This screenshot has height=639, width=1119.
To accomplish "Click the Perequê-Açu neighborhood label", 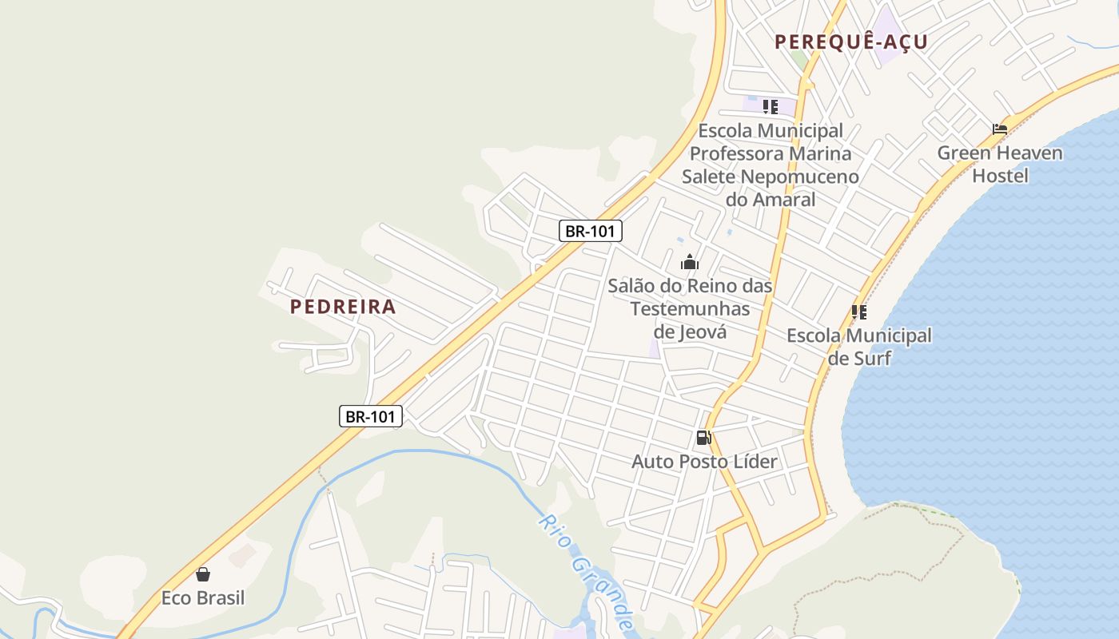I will tap(851, 42).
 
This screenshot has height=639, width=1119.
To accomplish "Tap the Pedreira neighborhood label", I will tap(343, 307).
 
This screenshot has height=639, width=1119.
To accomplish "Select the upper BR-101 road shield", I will tap(590, 232).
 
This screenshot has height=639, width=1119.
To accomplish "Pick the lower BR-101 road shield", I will tap(371, 416).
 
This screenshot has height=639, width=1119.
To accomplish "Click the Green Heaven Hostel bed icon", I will tap(1000, 129).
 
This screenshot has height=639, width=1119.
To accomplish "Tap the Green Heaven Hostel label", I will tap(1000, 164).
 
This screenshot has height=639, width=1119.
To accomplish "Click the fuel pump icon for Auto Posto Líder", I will tap(704, 437).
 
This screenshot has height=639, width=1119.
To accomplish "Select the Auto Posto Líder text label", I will tap(704, 461).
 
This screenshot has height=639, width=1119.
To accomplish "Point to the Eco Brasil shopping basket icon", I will tap(203, 574).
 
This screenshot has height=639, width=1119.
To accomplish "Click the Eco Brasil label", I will tap(203, 598).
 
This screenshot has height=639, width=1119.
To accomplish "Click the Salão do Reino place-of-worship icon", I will tap(690, 262).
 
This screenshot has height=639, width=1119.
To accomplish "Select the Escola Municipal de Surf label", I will tap(859, 347).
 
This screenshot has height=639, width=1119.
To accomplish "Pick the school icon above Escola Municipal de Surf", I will tap(859, 312).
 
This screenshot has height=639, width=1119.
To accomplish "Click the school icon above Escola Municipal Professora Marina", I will tap(771, 107).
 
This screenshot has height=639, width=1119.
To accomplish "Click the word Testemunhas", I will tap(691, 308).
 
